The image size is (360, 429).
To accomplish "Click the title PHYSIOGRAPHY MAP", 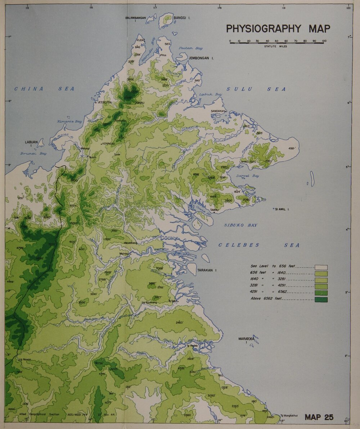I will click(278, 29).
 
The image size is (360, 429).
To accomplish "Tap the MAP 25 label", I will click(319, 417).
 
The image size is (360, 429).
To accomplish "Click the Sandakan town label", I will click(218, 111).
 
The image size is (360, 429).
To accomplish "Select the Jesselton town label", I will click(105, 102).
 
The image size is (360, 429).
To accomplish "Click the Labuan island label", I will click(31, 142).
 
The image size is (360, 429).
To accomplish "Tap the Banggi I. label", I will click(182, 18).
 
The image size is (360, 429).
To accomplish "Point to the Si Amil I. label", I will click(283, 209).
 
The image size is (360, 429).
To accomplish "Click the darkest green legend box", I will click(321, 299).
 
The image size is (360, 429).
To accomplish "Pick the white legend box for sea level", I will click(321, 267).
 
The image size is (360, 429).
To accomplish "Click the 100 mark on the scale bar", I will click(324, 41).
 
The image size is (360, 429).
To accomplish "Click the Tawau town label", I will click(215, 210).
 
